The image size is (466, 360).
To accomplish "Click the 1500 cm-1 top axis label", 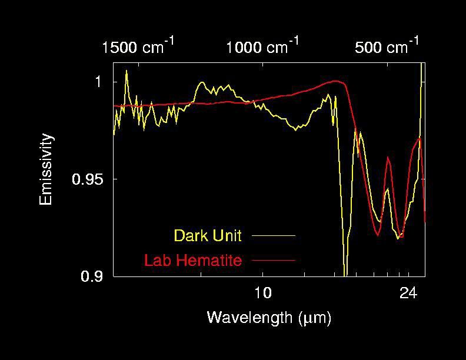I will (137, 46).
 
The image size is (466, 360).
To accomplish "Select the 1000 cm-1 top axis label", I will (262, 46).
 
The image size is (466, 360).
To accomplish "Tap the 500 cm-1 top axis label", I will (387, 46).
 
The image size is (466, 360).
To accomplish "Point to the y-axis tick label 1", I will (99, 82).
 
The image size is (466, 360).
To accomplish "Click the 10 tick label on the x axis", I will (262, 292).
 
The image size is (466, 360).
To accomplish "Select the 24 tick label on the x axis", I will (409, 292).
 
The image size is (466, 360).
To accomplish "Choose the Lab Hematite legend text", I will (192, 260).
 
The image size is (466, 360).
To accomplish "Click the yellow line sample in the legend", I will (273, 235).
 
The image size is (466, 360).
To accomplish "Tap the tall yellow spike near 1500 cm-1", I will (126, 72).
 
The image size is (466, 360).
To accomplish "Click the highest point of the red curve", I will (335, 81).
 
